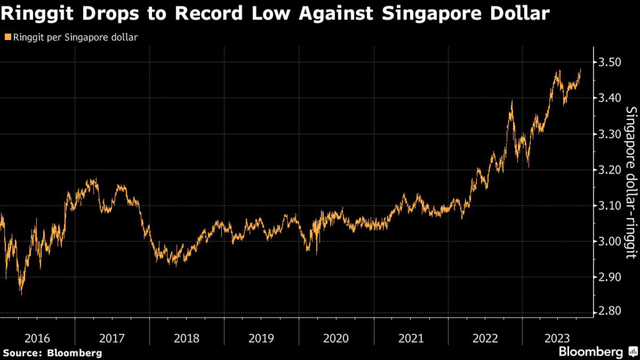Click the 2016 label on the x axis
(37, 338)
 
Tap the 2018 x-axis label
(186, 338)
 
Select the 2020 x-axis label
(336, 338)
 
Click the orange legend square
(7, 37)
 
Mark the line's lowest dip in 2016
(21, 292)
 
